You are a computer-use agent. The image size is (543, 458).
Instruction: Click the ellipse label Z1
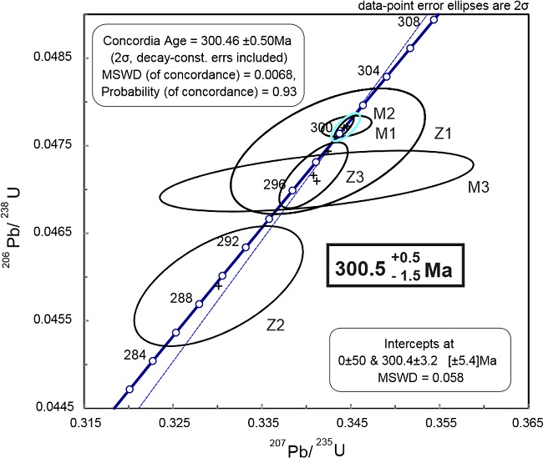pos(443,132)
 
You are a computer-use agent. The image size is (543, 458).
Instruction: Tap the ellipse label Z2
pos(277,325)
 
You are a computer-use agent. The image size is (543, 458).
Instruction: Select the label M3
pos(478,189)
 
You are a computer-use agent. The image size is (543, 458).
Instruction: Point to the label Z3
pos(355,177)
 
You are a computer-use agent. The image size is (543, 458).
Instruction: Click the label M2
pos(384,113)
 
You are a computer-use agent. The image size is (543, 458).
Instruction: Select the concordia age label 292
pos(228,242)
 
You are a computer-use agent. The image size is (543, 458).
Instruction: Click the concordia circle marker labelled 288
pos(199,304)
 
